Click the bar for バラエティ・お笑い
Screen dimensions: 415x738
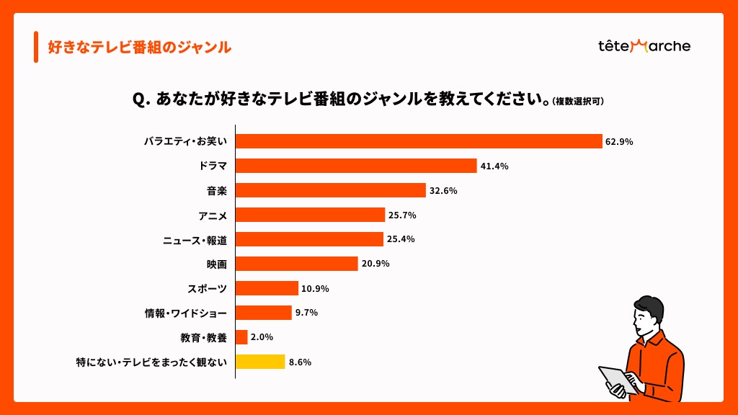(419, 141)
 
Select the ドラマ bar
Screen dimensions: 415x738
(356, 166)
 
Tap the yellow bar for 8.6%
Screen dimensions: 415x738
(260, 362)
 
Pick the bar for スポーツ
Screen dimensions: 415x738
(267, 288)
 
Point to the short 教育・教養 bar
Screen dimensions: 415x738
(241, 337)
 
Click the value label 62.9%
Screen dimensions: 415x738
(619, 142)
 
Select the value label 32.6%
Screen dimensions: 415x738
(443, 191)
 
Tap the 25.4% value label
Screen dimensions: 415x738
(401, 239)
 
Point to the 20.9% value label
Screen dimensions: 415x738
(375, 264)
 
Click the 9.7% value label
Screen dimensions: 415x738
(306, 313)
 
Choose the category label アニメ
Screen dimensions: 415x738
(213, 215)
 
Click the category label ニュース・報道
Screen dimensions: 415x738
(195, 240)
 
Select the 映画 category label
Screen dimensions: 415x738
(217, 264)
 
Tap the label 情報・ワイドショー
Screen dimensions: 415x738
(186, 313)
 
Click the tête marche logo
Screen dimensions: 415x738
(644, 46)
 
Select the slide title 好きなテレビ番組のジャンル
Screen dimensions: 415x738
(139, 48)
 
